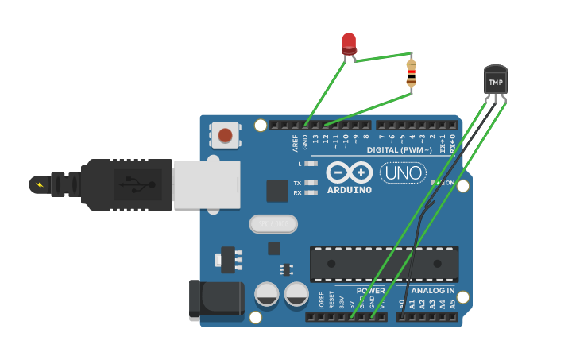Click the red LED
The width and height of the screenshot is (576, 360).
click(349, 43)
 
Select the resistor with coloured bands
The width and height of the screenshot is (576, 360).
click(411, 73)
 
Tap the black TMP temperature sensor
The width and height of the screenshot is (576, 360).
click(495, 81)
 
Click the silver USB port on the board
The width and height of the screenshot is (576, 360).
click(206, 184)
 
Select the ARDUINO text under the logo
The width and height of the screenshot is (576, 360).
click(349, 190)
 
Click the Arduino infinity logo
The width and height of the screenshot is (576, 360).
click(349, 172)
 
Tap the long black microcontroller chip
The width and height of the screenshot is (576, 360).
click(384, 264)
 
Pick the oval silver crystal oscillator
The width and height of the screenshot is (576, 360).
click(273, 224)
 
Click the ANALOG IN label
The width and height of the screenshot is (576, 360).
click(433, 291)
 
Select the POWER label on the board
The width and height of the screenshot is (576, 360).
click(370, 291)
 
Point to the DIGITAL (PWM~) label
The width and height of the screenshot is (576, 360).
click(400, 150)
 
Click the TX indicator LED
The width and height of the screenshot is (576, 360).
click(311, 183)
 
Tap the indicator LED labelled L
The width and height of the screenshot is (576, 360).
click(311, 164)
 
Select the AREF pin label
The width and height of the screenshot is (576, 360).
click(296, 142)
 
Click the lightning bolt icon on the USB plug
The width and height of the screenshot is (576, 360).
click(38, 185)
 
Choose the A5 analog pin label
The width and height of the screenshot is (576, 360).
click(453, 304)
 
